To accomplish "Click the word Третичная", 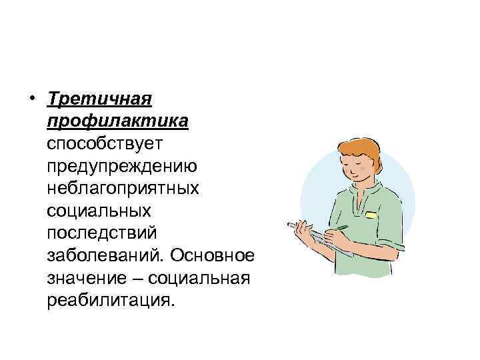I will (x=100, y=99).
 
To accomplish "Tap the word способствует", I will (x=109, y=144).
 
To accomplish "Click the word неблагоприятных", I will (x=123, y=188).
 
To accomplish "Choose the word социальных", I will (x=99, y=211).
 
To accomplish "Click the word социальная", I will (x=201, y=277).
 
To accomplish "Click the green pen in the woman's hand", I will (x=340, y=228).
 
